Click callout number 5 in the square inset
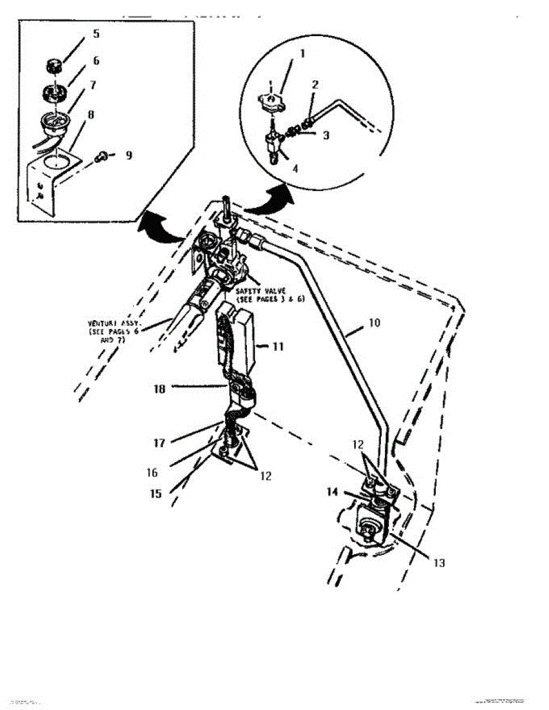click(96, 34)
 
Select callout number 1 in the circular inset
click(302, 53)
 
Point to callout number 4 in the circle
click(295, 167)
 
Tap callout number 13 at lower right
click(438, 563)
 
